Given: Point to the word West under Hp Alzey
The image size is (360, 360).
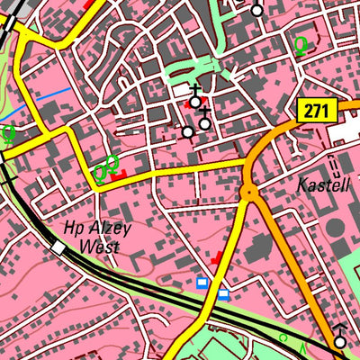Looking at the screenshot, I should click(99, 246).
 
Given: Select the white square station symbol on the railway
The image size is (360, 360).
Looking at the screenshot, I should click(59, 247).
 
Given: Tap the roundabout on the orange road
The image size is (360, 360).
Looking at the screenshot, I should click(249, 191).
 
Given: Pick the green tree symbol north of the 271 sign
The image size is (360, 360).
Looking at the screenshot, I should click(301, 44).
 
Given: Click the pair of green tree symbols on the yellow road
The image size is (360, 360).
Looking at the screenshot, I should click(105, 167).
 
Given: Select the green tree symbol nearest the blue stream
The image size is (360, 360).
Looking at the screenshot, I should click(9, 135).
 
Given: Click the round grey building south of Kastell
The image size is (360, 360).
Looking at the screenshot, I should click(335, 228).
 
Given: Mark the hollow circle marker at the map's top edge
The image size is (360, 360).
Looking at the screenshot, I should click(257, 11).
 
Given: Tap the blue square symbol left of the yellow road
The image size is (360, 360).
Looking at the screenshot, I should click(202, 283).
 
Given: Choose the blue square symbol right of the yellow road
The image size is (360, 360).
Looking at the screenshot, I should click(223, 293).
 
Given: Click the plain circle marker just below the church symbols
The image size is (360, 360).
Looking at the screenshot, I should click(187, 132).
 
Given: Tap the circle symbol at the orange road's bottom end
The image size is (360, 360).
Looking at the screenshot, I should click(340, 342).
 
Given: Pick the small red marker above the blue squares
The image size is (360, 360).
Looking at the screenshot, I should click(217, 257).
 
